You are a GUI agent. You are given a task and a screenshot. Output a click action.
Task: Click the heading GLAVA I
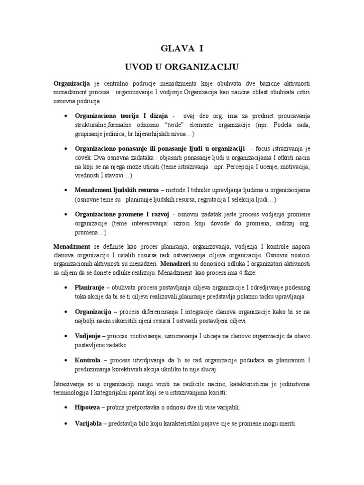pos(182,48)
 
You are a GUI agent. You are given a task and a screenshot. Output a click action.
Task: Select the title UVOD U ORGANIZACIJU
pos(182,65)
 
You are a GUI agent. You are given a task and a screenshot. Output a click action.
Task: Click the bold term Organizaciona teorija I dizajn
pos(121,116)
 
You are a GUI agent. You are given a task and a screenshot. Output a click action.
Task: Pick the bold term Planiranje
pos(90,288)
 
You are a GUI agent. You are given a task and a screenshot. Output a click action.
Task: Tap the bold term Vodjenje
pos(88,335)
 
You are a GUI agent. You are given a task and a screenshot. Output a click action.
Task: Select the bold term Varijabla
pos(89,424)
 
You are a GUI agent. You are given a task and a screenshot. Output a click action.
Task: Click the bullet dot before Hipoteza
pos(65,407)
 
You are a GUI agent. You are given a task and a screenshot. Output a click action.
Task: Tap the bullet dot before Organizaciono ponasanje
pos(65,149)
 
